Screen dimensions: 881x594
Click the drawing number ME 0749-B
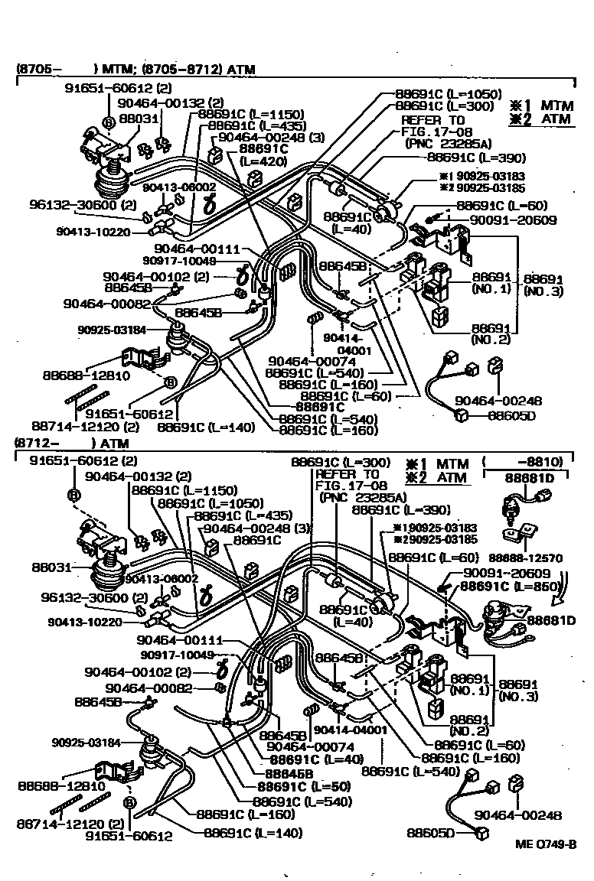[545, 844]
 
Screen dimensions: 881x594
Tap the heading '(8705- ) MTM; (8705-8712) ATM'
[135, 70]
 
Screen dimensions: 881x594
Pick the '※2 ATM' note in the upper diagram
[537, 119]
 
